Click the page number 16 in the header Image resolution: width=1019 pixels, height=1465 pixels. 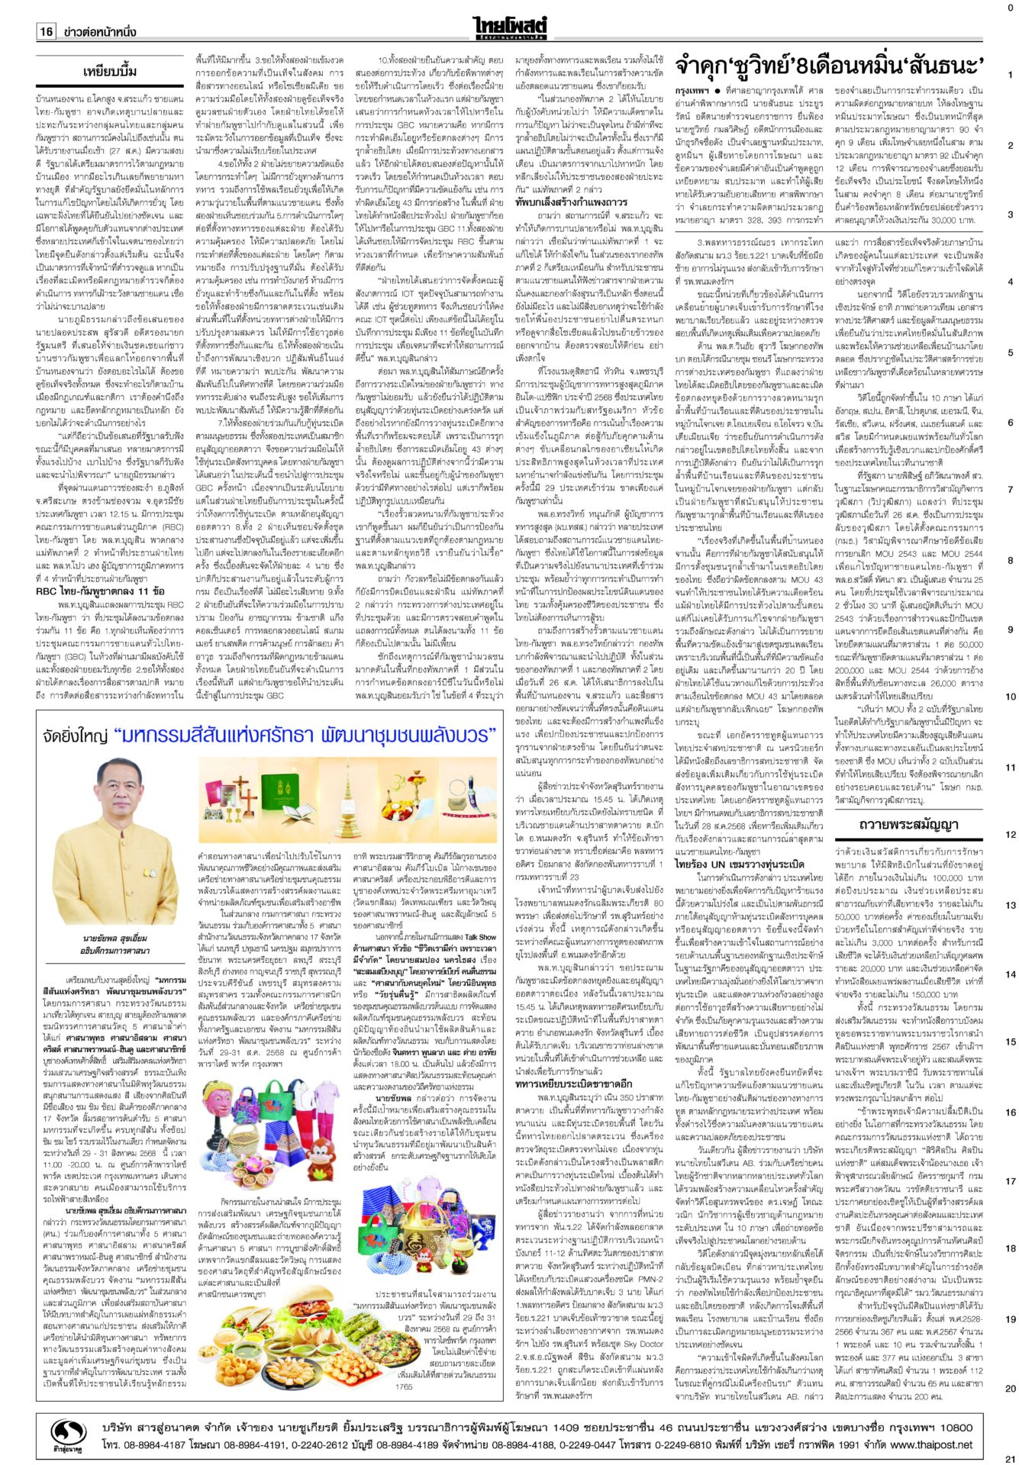[46, 31]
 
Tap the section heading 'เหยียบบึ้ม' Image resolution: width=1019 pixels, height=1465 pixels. [110, 72]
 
